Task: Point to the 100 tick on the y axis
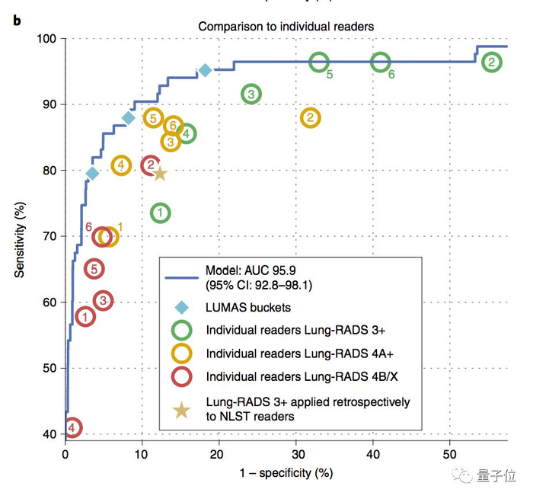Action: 46,39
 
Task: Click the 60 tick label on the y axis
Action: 49,302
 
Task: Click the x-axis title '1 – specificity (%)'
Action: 287,473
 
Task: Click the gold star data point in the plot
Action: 160,174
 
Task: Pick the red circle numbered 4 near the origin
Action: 72,428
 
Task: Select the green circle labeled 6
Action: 381,63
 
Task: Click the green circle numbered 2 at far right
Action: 493,62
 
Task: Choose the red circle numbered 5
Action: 94,269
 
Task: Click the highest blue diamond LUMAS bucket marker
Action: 205,71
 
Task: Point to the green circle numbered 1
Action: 160,213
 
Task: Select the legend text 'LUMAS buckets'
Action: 248,308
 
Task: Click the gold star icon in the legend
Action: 181,410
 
